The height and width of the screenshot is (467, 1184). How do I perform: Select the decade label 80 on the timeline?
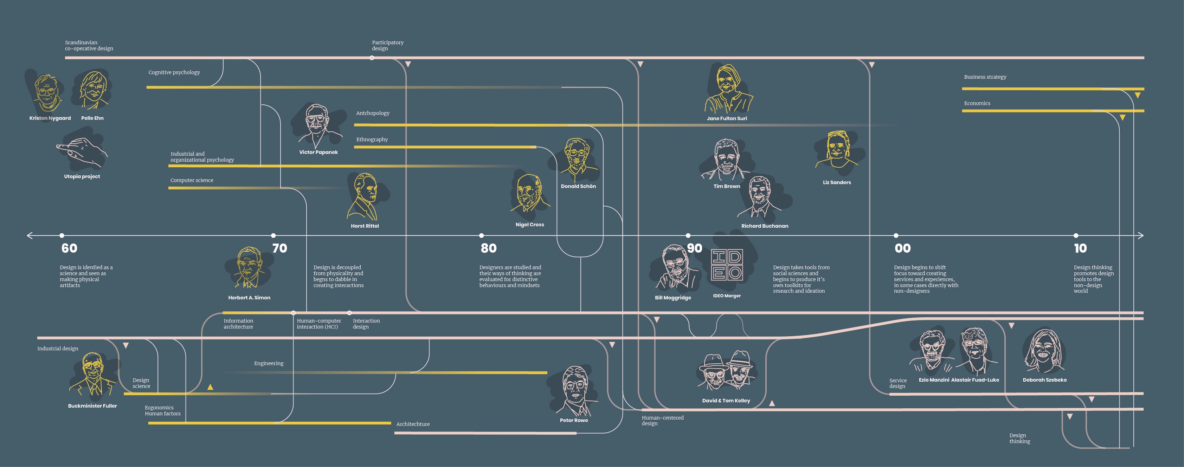[x=489, y=248]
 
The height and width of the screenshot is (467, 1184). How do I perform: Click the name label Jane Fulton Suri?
[x=727, y=118]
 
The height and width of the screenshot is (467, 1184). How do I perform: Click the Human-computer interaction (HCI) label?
[x=318, y=324]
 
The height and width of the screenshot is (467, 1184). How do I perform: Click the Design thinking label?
[x=1019, y=438]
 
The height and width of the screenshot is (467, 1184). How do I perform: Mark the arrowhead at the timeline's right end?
[x=1141, y=235]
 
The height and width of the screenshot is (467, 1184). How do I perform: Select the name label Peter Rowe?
[x=574, y=420]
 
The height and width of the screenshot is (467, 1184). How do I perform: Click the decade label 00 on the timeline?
[x=902, y=248]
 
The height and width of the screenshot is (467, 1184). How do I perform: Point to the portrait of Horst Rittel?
[x=365, y=197]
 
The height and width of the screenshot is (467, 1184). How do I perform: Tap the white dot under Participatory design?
[x=372, y=58]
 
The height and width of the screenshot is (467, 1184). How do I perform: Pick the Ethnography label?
[x=372, y=139]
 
